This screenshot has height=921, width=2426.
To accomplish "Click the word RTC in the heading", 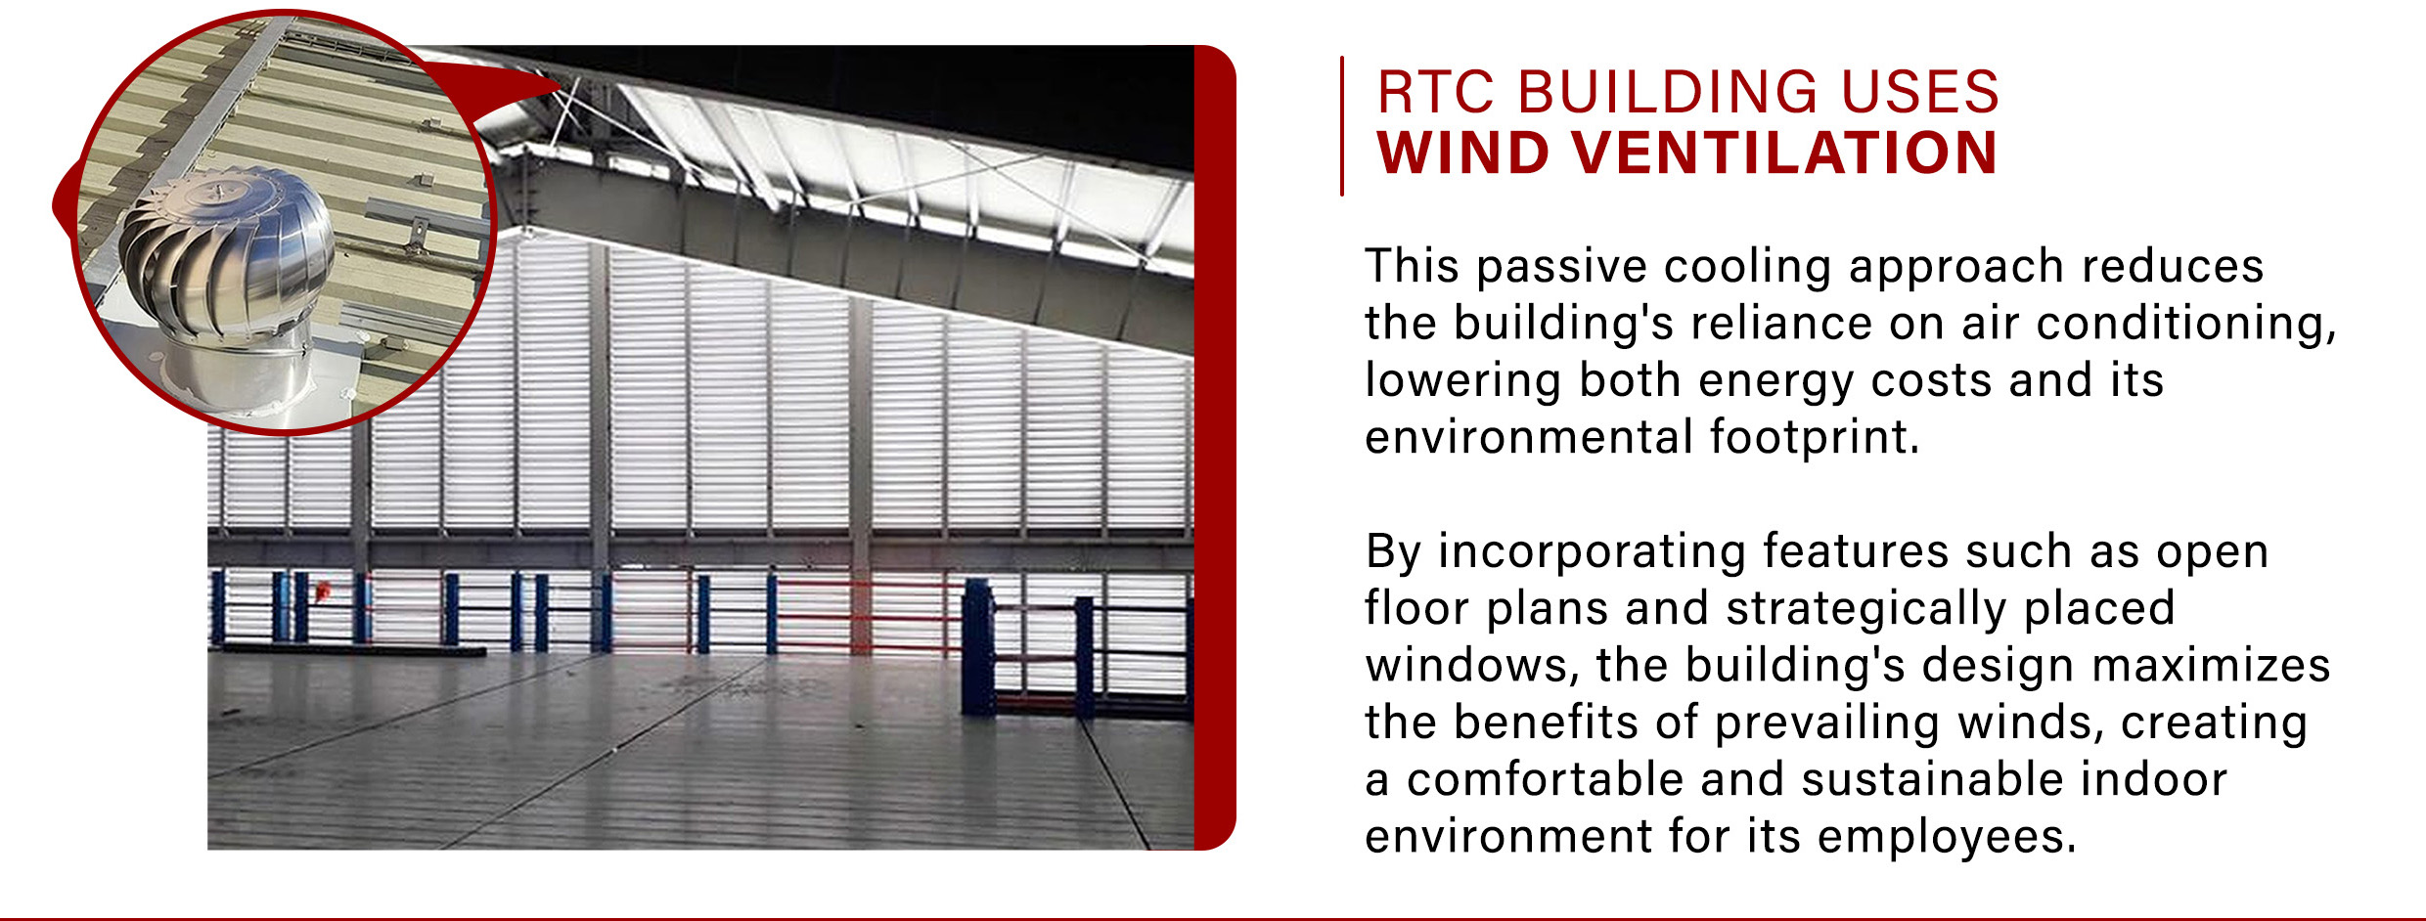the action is point(1436,92).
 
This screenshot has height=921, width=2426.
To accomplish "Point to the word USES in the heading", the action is point(1919,92).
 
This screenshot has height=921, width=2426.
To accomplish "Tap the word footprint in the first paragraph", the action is point(1814,437).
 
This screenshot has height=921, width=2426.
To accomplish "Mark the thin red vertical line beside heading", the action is point(1342,126).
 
